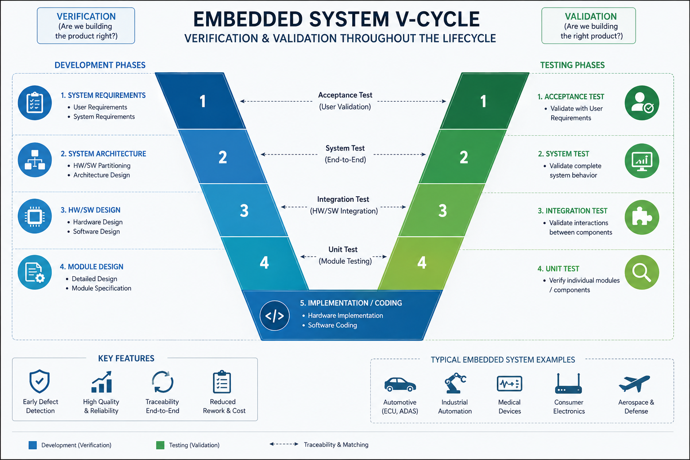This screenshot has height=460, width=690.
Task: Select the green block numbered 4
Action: coord(421,263)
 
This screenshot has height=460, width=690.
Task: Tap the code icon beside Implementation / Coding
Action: coord(274,315)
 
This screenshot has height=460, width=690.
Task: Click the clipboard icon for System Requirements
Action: coord(35,102)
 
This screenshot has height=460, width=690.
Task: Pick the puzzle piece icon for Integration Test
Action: coord(642,217)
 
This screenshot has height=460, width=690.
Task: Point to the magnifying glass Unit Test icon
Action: coord(642,272)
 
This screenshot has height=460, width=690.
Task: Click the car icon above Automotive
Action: coord(400,384)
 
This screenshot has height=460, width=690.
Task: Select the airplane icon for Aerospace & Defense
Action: coord(635,383)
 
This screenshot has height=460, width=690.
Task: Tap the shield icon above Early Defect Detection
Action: coord(40,381)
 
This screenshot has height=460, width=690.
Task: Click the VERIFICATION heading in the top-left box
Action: coord(86,16)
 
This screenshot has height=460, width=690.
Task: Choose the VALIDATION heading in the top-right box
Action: coord(591,16)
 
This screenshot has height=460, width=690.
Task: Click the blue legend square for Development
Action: coord(33,445)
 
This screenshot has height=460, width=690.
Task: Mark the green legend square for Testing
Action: coord(160,445)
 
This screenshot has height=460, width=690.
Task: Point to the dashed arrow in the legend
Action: coord(284,444)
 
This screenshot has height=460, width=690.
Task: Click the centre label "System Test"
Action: coord(345,148)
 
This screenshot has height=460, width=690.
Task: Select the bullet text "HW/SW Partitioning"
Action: coord(102,165)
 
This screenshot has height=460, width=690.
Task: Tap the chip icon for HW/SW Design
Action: coord(35,216)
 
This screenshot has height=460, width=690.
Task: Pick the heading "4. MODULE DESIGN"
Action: coord(92,266)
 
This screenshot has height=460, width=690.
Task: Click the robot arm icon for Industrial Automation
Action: coord(455,383)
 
